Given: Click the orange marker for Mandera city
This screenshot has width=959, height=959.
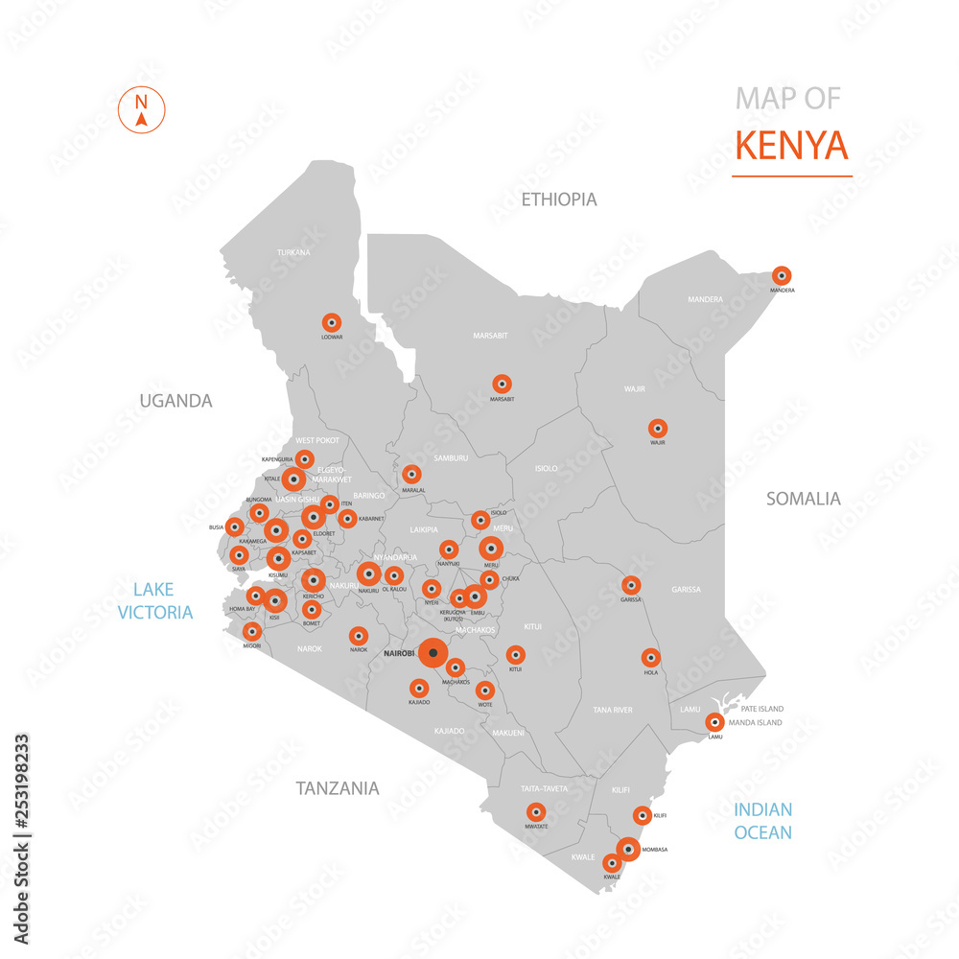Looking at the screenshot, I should coord(782,275).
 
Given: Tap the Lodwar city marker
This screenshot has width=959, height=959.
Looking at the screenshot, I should coord(332,322).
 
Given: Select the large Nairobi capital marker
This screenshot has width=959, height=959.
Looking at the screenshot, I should coord(433,654).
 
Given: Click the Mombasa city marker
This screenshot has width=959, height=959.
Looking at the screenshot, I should coord(628,849).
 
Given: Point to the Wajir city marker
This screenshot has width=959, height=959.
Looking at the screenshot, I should coord(657,429).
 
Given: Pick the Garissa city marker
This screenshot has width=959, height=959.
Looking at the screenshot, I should coord(631,585).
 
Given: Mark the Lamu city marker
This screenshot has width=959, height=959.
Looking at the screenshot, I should coord(714,723).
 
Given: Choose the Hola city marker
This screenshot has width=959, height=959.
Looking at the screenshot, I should coord(651,658).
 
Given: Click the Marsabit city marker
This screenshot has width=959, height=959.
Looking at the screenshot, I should coord(502,384).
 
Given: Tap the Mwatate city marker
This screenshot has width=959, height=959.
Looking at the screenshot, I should coord(536,811).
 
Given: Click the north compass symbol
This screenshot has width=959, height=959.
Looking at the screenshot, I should coord(141,107).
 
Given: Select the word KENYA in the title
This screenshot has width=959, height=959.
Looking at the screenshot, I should coord(791,145).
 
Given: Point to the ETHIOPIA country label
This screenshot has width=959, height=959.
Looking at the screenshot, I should coord(559,199).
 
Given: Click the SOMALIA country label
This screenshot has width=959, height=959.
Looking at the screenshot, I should coord(803,499).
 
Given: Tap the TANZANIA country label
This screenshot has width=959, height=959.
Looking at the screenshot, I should coord(337,788).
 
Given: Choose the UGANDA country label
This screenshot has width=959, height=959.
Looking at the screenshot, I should coord(175,401).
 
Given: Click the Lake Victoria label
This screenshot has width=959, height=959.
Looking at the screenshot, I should coord(155,600).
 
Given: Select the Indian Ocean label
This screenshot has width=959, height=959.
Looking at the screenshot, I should coord(763,821).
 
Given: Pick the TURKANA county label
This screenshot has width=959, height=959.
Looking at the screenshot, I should coord(293,252).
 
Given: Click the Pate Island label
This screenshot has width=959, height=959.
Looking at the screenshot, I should coord(762,709).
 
